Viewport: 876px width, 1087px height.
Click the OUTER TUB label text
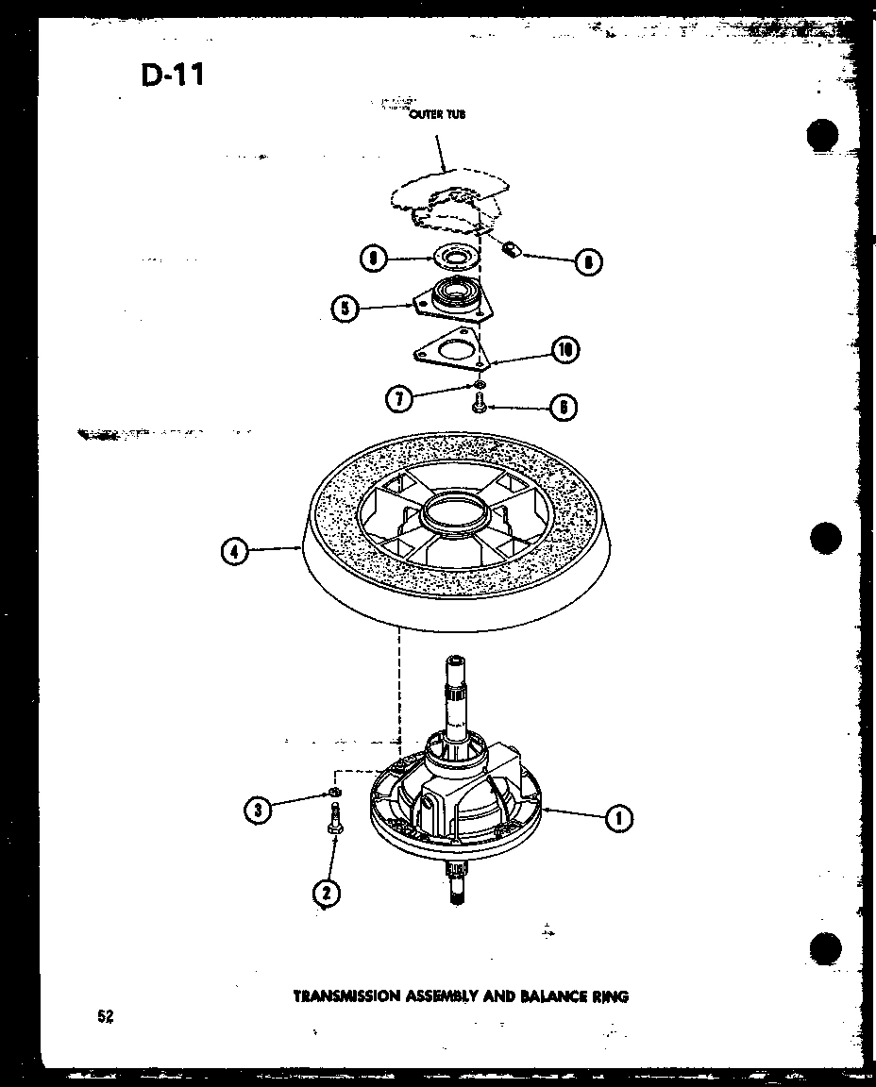(x=436, y=114)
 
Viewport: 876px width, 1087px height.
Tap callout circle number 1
(x=618, y=818)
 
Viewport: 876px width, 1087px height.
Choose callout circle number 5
(x=346, y=309)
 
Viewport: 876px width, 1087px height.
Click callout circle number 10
(x=564, y=350)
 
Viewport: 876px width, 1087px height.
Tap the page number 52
(x=104, y=1016)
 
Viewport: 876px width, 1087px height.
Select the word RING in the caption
(x=610, y=995)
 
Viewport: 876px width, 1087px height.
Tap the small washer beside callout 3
(x=334, y=791)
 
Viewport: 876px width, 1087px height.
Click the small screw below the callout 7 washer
(x=478, y=405)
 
